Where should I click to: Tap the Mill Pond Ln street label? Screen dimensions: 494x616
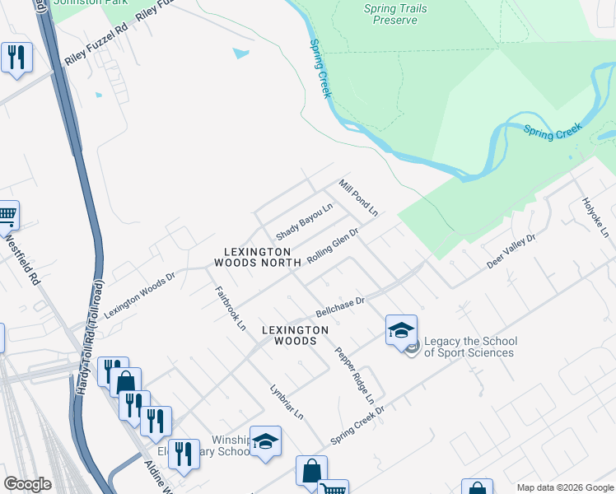tap(358, 198)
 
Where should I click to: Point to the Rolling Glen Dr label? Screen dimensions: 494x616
tap(333, 246)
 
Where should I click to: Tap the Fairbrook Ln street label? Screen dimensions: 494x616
tap(231, 308)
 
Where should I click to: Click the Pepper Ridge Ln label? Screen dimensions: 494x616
tap(354, 375)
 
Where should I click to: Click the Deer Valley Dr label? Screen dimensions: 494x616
tap(511, 250)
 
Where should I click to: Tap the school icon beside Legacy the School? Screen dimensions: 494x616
tap(401, 331)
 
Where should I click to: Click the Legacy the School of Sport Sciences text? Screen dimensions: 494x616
tap(469, 347)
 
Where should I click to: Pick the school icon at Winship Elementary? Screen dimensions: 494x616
tap(265, 442)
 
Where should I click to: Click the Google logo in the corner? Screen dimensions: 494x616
tap(27, 484)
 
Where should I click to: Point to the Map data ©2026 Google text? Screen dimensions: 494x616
tap(564, 487)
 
